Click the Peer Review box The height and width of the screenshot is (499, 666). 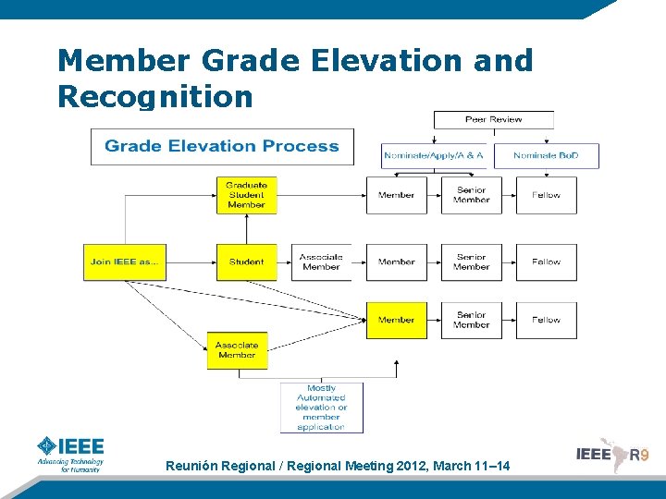[x=493, y=119]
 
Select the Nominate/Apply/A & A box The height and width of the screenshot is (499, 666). [x=434, y=155]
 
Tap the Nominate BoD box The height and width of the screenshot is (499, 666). [x=546, y=155]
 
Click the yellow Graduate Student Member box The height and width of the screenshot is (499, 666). [x=246, y=195]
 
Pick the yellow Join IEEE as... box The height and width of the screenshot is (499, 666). [x=125, y=262]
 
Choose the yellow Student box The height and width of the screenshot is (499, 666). [x=246, y=262]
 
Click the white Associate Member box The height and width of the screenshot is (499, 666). [x=321, y=262]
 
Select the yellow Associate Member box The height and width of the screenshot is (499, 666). [x=237, y=350]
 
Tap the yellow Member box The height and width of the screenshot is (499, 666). [x=396, y=320]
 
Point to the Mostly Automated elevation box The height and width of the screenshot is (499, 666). [x=321, y=408]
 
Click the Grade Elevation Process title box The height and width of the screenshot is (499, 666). [x=222, y=146]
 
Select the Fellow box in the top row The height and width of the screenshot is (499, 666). [x=546, y=195]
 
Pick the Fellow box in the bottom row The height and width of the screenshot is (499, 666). [x=546, y=320]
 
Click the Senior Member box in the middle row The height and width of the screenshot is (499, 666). [x=471, y=262]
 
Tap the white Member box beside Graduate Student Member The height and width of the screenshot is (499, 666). [x=396, y=195]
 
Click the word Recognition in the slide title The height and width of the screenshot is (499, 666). [x=154, y=95]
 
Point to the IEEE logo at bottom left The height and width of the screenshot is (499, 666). [x=70, y=453]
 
